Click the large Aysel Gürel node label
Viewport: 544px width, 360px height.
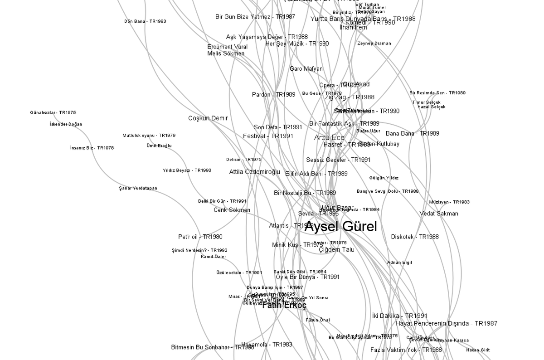340,227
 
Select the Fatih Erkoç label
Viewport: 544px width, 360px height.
284,306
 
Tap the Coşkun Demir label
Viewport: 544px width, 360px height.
208,118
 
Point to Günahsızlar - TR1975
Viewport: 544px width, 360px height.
53,112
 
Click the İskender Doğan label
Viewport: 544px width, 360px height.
66,124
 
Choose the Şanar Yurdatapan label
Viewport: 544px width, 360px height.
138,188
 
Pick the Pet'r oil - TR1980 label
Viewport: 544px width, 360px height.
200,237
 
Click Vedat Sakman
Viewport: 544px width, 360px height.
439,214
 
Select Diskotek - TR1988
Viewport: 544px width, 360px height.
415,237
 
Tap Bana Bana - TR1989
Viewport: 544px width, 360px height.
413,133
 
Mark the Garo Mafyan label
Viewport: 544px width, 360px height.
306,69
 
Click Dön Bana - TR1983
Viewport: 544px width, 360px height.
145,21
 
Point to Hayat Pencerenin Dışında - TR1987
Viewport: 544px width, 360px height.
447,323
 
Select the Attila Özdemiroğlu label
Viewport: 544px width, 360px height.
255,172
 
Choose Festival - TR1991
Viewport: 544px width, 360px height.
268,136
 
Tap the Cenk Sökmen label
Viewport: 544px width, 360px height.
232,210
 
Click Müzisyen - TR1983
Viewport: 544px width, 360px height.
449,202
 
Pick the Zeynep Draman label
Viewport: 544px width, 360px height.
374,44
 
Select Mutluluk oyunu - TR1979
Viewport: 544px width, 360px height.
149,135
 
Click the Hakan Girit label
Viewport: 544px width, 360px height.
478,350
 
